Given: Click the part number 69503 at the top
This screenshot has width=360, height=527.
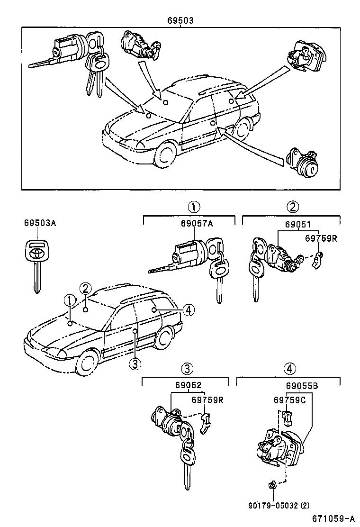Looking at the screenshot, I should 180,21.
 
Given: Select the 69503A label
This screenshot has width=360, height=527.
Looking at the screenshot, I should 40,223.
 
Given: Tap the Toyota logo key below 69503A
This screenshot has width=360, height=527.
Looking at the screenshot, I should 36,265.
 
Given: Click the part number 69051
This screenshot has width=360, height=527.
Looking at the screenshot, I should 299,225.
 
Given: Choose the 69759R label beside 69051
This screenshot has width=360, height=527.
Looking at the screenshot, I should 320,238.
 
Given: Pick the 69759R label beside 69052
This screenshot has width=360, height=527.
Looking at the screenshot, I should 207,400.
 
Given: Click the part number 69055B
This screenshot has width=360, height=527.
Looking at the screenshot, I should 302,386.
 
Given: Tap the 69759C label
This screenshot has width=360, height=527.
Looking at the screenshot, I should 289,400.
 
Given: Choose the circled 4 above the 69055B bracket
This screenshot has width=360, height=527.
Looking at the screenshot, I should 289,369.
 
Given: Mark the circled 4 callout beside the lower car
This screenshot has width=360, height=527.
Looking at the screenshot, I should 188,310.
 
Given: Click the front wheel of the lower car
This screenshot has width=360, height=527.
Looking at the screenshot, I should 88,363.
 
